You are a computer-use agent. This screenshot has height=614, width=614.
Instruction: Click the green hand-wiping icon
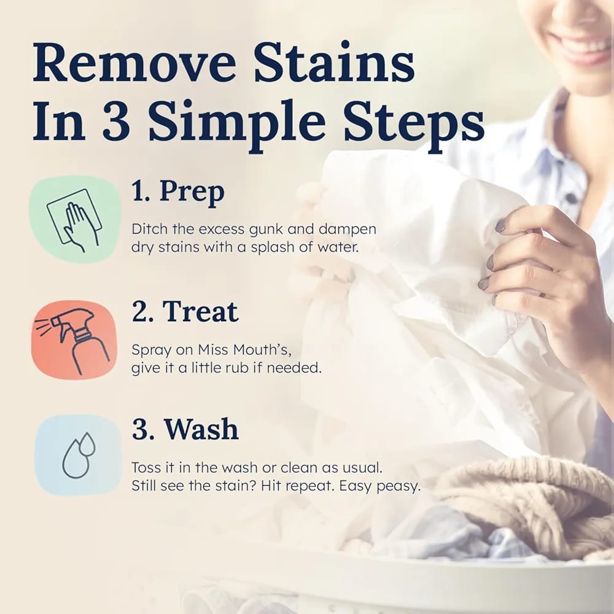tap(74, 219)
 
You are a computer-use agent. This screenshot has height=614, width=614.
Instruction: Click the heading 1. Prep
tap(178, 192)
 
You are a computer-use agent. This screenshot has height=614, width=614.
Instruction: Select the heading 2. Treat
tap(185, 312)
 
